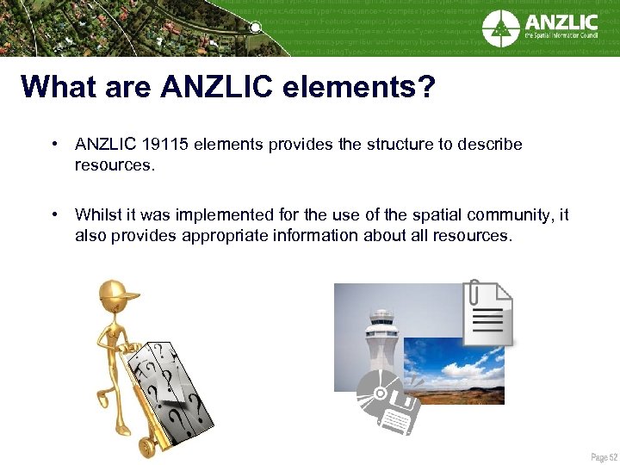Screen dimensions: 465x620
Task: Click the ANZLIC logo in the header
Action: coord(539,28)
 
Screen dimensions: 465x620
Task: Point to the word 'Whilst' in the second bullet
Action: coord(99,215)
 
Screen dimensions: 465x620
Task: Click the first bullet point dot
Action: coord(54,145)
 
